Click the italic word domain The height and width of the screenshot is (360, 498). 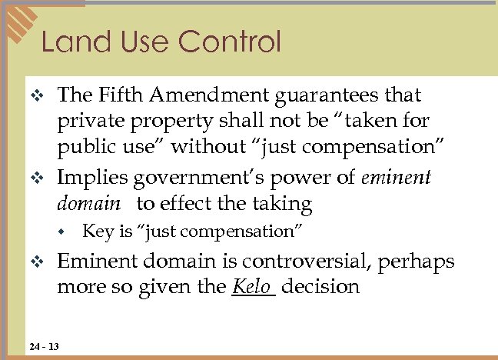88,204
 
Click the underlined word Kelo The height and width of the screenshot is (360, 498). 252,287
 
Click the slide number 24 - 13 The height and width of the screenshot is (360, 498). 41,346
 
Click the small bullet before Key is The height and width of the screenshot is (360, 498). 65,232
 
